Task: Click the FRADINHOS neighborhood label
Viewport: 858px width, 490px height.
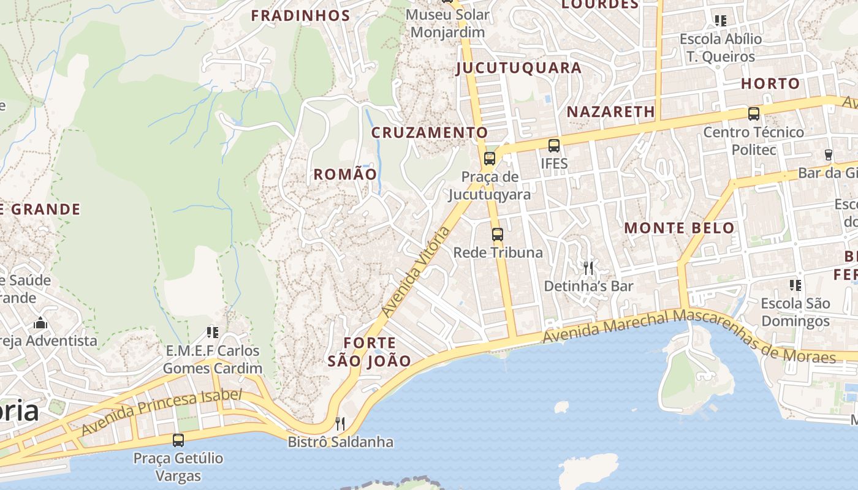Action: tap(300, 16)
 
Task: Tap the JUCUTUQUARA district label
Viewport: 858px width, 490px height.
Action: tap(518, 68)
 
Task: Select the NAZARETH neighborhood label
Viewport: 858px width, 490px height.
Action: tap(611, 111)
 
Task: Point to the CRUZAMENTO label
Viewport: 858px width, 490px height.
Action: tap(430, 132)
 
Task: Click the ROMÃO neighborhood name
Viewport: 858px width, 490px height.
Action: tap(345, 174)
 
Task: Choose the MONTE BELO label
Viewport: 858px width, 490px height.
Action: tap(679, 228)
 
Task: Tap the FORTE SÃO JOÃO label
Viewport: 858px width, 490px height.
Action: tap(369, 352)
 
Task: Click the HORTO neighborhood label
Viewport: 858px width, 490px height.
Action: tap(770, 84)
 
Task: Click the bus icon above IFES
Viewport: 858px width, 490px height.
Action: tap(554, 146)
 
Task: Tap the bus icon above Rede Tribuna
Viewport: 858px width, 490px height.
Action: tap(498, 234)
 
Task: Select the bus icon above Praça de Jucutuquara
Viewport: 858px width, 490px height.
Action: tap(489, 159)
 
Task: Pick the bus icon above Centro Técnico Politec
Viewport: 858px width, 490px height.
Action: tap(753, 114)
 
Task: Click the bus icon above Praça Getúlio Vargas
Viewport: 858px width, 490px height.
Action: tap(178, 440)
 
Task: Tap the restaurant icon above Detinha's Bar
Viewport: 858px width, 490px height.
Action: tap(588, 268)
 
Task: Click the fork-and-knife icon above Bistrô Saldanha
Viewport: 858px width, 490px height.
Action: tap(340, 424)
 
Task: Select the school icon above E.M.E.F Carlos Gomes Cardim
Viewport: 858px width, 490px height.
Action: tap(213, 333)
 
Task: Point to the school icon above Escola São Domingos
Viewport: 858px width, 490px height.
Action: tap(795, 285)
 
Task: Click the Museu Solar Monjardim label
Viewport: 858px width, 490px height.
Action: tap(447, 23)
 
